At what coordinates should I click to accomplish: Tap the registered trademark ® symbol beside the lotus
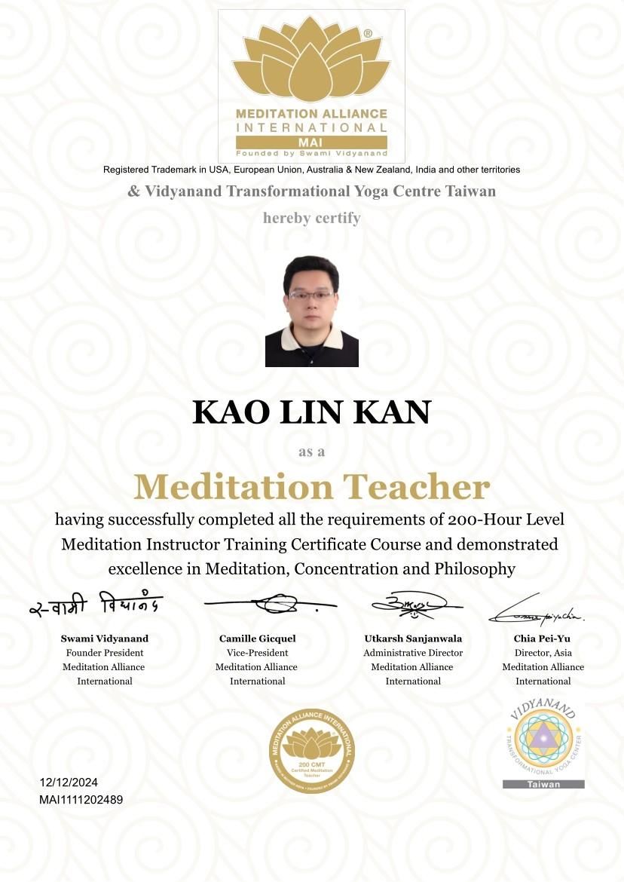point(367,34)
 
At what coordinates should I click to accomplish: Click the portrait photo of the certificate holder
point(311,311)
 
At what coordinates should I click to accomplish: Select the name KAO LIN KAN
point(311,412)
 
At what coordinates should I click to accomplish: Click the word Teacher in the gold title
point(420,487)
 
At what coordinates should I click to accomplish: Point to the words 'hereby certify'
point(311,218)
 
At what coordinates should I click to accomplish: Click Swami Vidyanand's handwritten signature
point(96,606)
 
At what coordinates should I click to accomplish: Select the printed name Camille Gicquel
point(256,639)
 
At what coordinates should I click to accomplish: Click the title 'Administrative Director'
point(413,653)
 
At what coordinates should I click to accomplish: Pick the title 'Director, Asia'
point(543,653)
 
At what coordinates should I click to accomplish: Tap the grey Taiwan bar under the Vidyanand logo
point(543,784)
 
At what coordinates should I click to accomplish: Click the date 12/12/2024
point(69,782)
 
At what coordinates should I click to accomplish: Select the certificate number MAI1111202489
point(81,799)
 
